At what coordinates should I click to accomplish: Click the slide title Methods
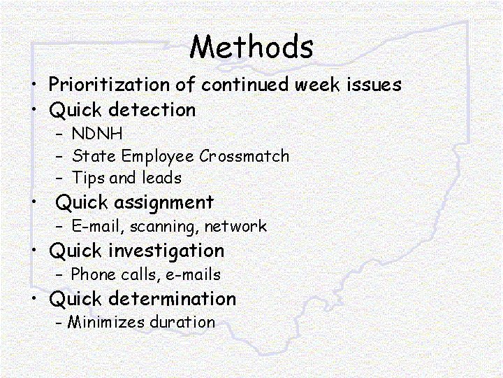[x=251, y=47]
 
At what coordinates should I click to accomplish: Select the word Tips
[x=88, y=178]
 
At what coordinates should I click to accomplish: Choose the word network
[x=235, y=227]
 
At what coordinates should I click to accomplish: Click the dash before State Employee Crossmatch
[x=60, y=157]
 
